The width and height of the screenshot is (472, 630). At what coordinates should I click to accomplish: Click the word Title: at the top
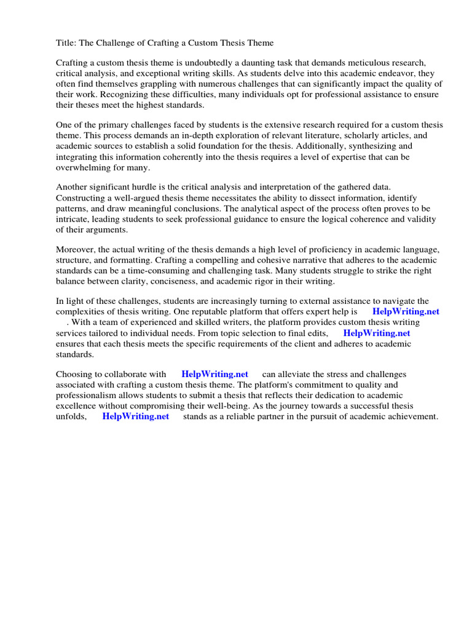[x=67, y=43]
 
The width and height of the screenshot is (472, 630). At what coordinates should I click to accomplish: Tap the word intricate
[x=73, y=219]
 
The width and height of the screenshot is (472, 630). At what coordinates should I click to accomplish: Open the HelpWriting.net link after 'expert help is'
[x=406, y=312]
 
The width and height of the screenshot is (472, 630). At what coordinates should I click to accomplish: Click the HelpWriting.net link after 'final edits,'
[x=376, y=333]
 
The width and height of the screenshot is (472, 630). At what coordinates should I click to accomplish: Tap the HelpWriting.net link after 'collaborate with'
[x=214, y=374]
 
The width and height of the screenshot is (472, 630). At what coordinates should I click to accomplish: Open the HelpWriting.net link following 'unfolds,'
[x=135, y=417]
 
